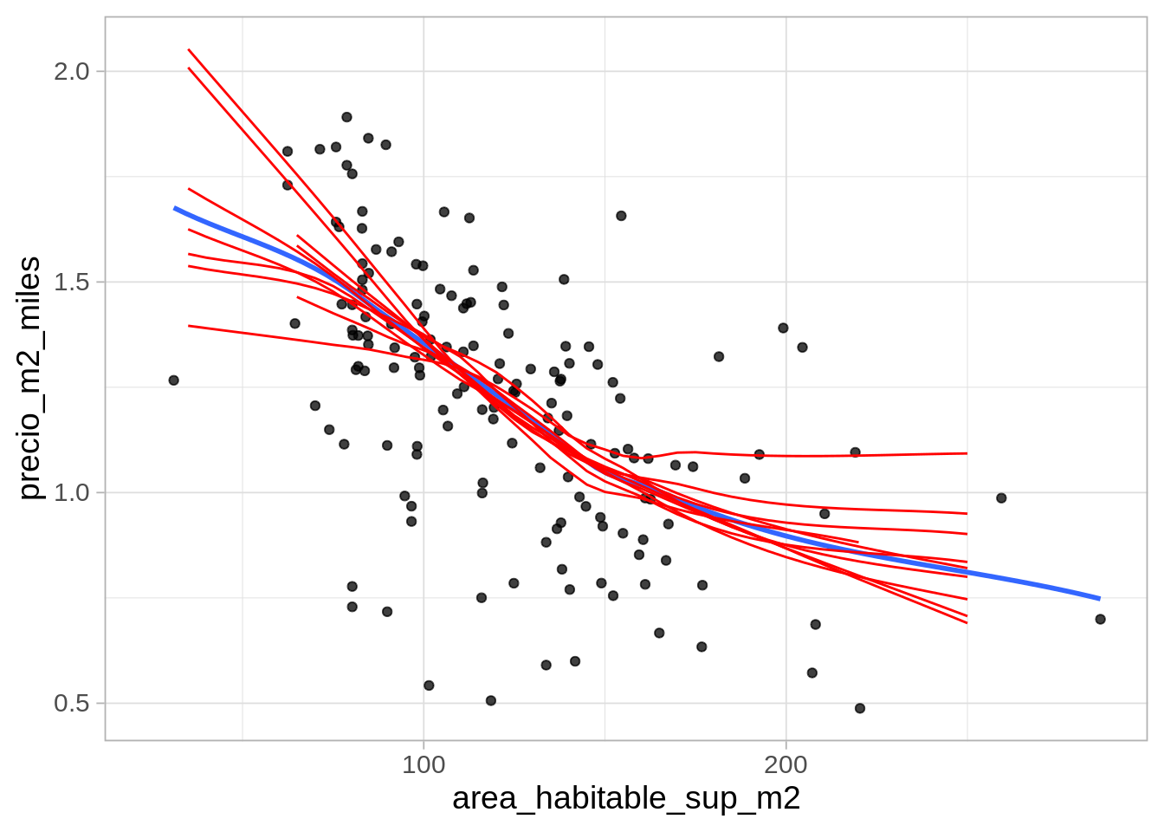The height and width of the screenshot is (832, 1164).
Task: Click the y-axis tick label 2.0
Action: click(x=71, y=71)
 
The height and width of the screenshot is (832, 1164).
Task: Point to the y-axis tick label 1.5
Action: click(x=71, y=282)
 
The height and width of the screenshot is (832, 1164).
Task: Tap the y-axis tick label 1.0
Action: click(x=71, y=492)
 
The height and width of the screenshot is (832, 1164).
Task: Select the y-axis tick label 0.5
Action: click(x=71, y=703)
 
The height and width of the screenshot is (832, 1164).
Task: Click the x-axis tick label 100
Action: click(x=424, y=765)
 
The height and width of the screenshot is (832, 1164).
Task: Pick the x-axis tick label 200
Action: click(x=786, y=765)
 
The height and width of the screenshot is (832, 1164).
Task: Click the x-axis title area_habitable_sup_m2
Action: click(x=625, y=798)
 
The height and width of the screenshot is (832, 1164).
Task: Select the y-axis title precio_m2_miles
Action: click(x=29, y=378)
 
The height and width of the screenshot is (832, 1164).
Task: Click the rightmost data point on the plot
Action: click(x=1100, y=619)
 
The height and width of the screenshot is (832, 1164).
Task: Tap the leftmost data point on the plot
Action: click(x=173, y=380)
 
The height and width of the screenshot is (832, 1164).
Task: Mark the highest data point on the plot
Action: click(x=346, y=117)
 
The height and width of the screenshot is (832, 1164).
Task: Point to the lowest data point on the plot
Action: click(x=860, y=708)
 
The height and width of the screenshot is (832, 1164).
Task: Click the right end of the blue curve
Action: click(x=1100, y=598)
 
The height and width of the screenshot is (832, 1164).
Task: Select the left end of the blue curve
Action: click(x=174, y=208)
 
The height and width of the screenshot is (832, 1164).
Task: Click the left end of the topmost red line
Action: click(x=189, y=49)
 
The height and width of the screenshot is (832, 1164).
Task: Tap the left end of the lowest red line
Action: click(x=189, y=326)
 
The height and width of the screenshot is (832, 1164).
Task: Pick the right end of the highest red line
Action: click(x=967, y=453)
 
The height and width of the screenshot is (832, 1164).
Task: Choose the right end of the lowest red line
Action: click(x=967, y=623)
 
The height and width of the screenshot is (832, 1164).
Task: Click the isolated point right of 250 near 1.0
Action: click(x=1001, y=498)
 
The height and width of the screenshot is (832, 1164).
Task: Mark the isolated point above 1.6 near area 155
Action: click(x=621, y=216)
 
